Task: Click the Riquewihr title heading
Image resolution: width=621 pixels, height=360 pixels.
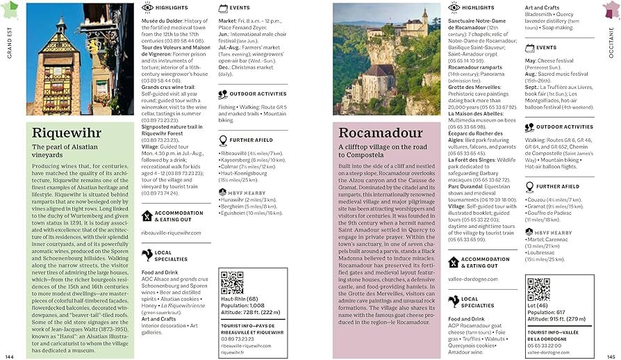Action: [67, 133]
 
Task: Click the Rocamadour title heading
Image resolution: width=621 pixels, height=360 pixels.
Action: [380, 133]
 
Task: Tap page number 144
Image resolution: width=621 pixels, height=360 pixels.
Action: [9, 355]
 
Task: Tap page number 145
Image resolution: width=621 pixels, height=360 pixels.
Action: [611, 355]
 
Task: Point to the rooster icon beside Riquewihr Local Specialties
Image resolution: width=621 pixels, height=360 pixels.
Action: [147, 255]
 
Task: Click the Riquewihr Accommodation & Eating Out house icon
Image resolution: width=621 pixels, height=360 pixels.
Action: [147, 215]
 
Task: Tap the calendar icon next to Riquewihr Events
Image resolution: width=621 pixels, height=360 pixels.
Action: [223, 8]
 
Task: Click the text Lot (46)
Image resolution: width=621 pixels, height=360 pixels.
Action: [536, 305]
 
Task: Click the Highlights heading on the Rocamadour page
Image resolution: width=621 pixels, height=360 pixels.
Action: [478, 8]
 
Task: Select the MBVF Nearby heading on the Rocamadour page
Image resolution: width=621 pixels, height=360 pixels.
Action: [554, 234]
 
